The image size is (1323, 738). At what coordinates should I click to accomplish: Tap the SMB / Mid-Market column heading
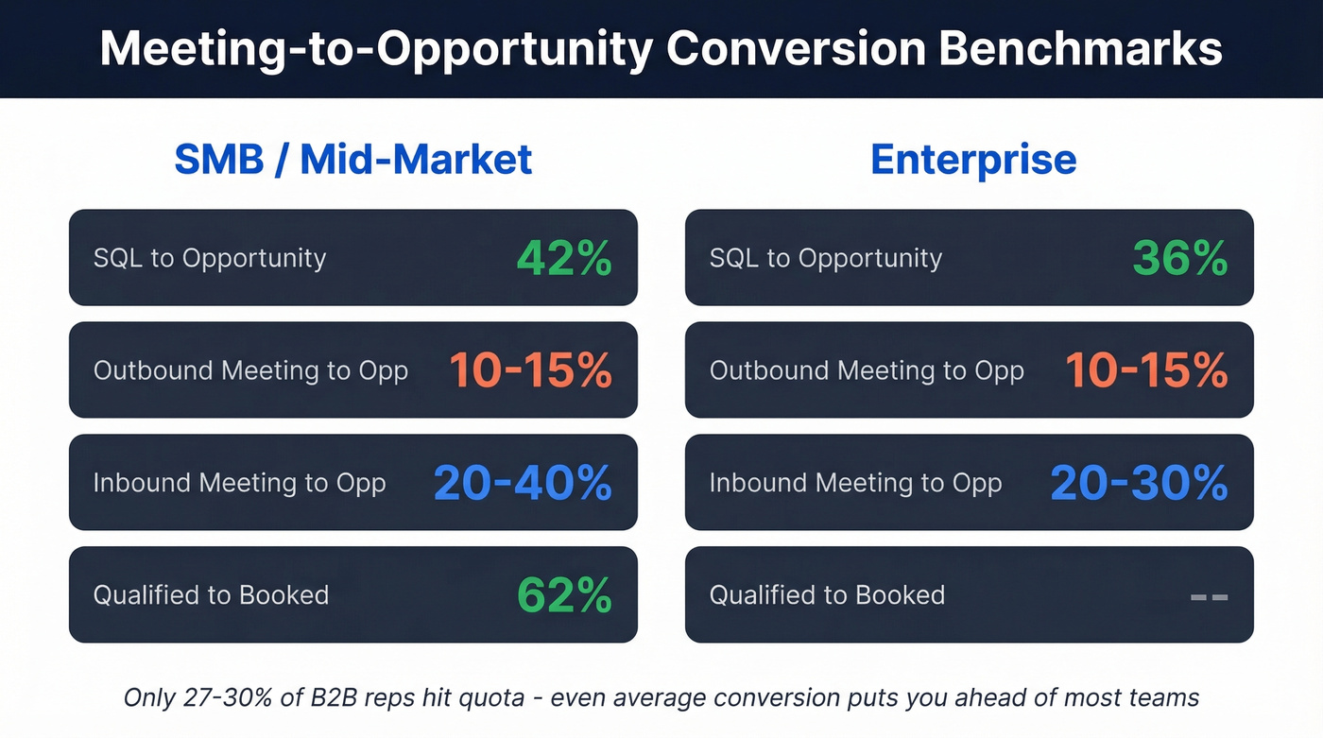352,159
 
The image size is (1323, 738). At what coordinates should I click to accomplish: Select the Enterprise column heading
972,159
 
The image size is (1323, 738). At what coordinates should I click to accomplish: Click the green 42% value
564,258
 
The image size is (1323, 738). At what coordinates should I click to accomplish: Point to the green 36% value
1181,258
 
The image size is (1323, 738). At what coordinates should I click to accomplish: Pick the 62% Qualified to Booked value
564,595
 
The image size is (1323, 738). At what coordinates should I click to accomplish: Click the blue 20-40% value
523,483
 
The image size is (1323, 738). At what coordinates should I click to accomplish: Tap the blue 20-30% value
1139,483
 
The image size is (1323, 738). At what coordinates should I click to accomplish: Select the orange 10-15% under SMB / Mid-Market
530,370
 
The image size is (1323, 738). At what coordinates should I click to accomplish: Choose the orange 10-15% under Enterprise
1146,370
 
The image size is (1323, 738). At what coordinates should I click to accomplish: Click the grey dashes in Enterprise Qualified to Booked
1209,596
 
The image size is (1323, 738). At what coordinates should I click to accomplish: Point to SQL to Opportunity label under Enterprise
826,259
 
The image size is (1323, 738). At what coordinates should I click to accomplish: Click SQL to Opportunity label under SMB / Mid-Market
210,259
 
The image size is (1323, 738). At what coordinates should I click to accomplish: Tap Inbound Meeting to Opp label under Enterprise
855,483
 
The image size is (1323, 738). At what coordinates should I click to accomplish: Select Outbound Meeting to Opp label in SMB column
250,370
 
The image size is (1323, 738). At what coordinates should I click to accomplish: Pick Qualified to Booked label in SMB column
211,595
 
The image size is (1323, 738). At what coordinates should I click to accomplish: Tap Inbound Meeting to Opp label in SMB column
239,483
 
